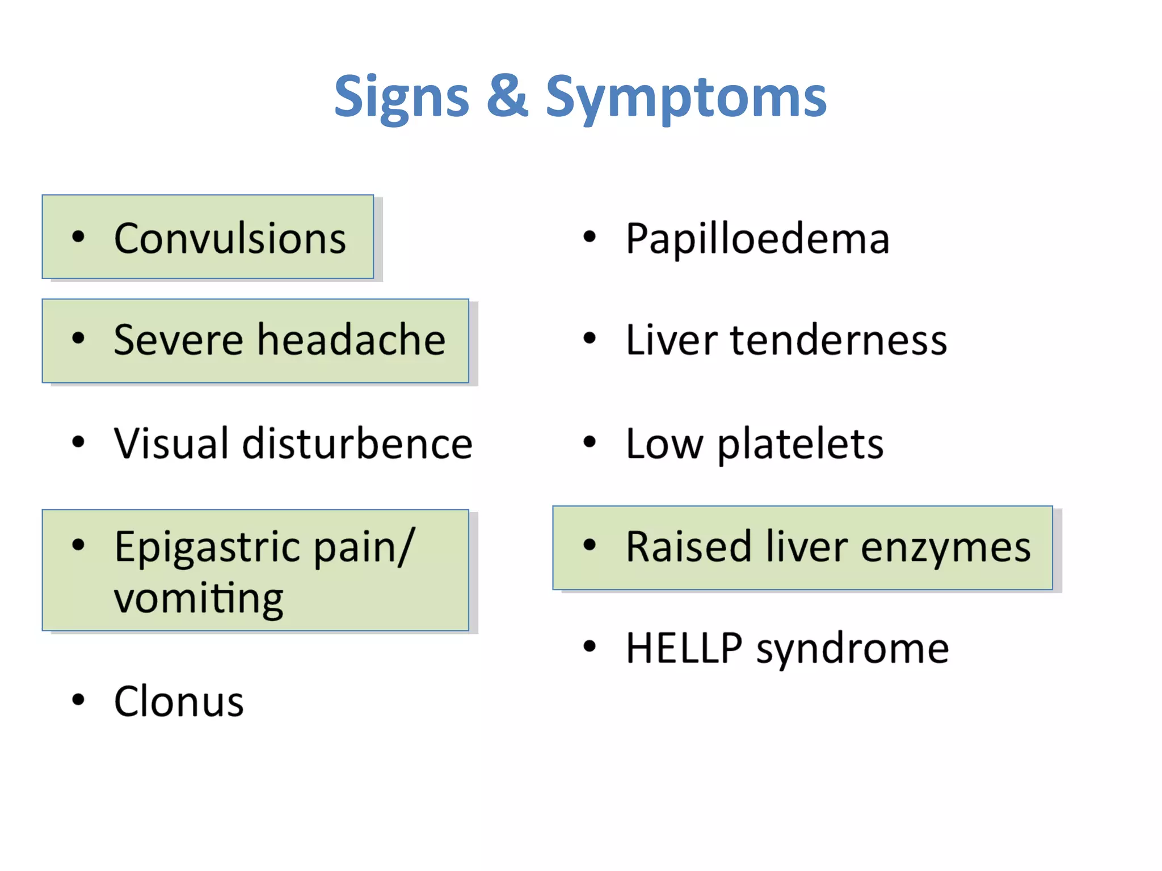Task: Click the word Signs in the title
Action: pyautogui.click(x=401, y=98)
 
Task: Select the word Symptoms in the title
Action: pyautogui.click(x=686, y=98)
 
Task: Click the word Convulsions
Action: pyautogui.click(x=230, y=238)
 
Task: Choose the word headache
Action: pyautogui.click(x=351, y=340)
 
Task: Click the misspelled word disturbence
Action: pyautogui.click(x=357, y=443)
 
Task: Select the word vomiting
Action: pyautogui.click(x=199, y=599)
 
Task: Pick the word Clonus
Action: pyautogui.click(x=179, y=702)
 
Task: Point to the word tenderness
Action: pyautogui.click(x=839, y=340)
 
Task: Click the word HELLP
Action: pyautogui.click(x=684, y=648)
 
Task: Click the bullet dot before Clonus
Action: pyautogui.click(x=78, y=700)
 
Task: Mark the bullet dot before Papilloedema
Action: pyautogui.click(x=590, y=236)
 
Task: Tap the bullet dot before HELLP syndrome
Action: pyautogui.click(x=590, y=646)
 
